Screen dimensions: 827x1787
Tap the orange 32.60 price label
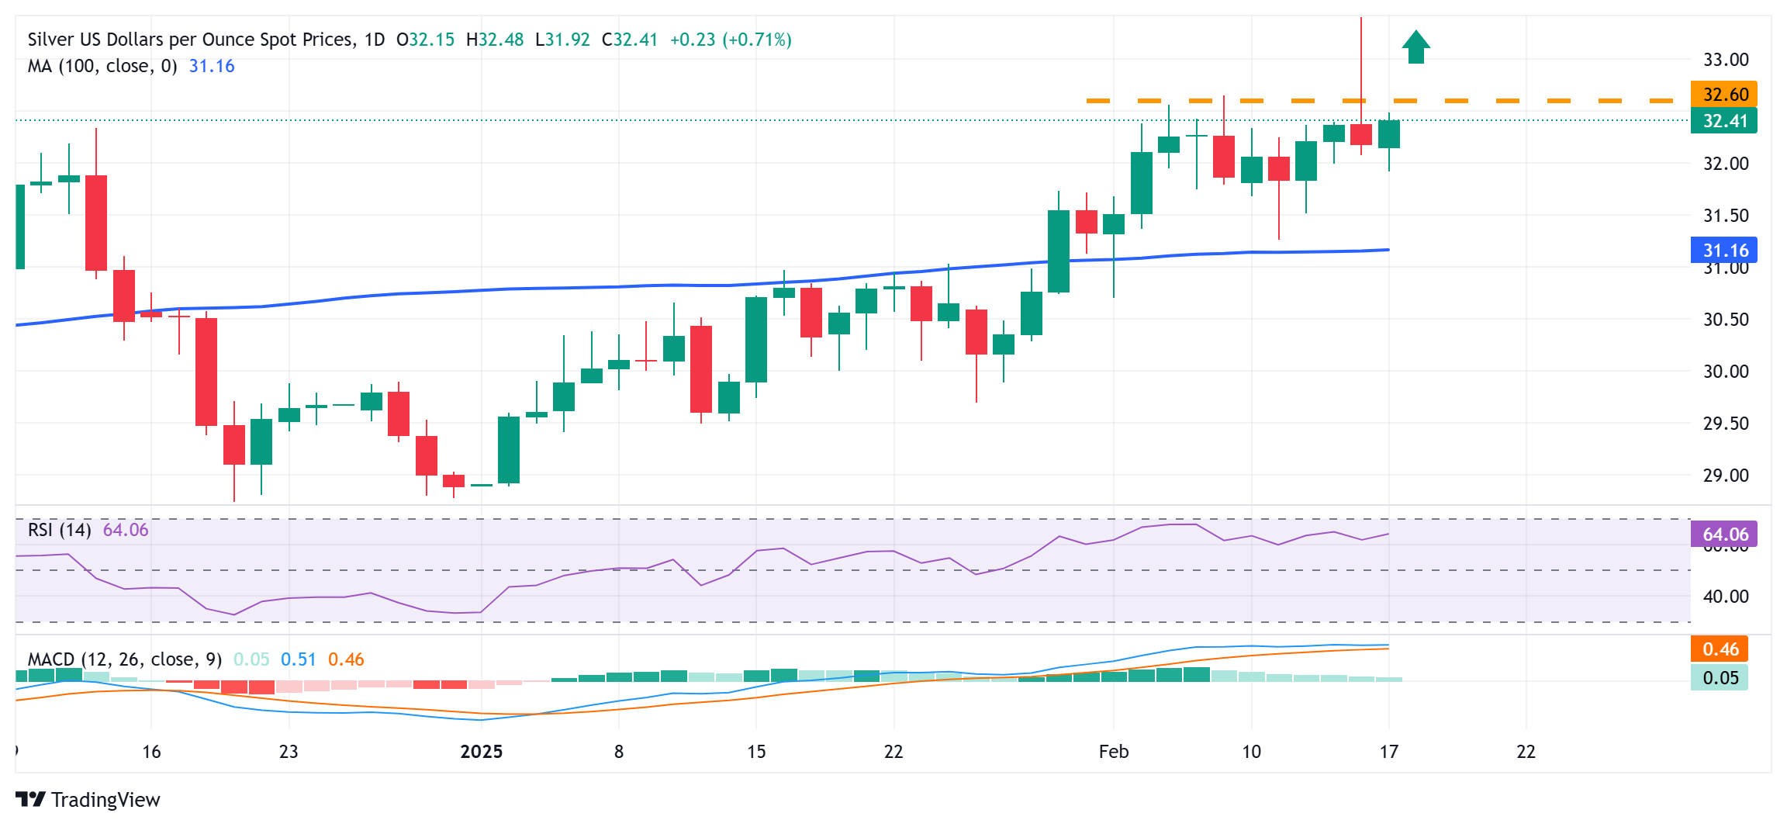tap(1724, 95)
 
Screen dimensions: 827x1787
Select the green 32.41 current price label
tap(1724, 121)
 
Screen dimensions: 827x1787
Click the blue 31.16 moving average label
tap(1724, 251)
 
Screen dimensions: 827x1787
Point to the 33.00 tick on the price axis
tap(1726, 60)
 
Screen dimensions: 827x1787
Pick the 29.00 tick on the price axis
tap(1726, 476)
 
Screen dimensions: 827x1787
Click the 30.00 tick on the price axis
tap(1726, 372)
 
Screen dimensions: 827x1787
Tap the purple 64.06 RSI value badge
tap(1724, 535)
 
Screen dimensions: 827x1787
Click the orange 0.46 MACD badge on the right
tap(1720, 649)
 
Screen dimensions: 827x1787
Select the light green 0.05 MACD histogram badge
tap(1720, 678)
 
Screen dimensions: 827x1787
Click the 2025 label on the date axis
tap(481, 752)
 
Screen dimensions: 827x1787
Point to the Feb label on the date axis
tap(1113, 752)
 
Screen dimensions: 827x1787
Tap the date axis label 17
tap(1388, 752)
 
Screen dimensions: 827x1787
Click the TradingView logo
tap(88, 800)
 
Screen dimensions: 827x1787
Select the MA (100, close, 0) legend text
tap(102, 67)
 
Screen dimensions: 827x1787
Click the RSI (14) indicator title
tap(60, 530)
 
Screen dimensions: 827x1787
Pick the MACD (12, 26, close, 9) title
tap(125, 659)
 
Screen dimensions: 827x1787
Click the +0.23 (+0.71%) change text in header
tap(731, 40)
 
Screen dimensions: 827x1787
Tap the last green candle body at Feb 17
tap(1388, 134)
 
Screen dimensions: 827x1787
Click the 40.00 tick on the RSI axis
tap(1726, 597)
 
